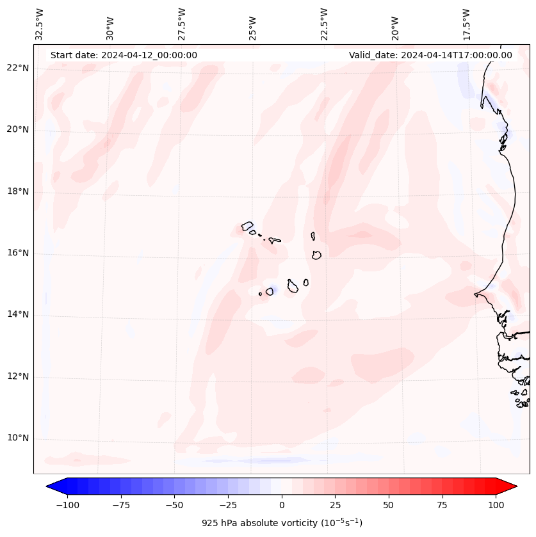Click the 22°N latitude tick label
pos(18,68)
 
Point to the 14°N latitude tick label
pos(18,315)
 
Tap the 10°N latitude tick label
pos(18,438)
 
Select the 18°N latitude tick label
pos(18,191)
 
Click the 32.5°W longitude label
pos(40,24)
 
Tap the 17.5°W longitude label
pos(466,24)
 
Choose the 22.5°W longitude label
pos(324,24)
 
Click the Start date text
pos(124,55)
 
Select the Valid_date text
pos(430,55)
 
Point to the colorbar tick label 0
pos(282,505)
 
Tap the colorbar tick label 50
pos(388,505)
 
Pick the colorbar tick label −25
pos(227,505)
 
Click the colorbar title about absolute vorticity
pos(282,523)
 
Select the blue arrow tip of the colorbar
pos(53,487)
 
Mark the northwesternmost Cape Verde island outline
pos(247,226)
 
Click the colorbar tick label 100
pos(496,505)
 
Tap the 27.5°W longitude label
pos(182,24)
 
